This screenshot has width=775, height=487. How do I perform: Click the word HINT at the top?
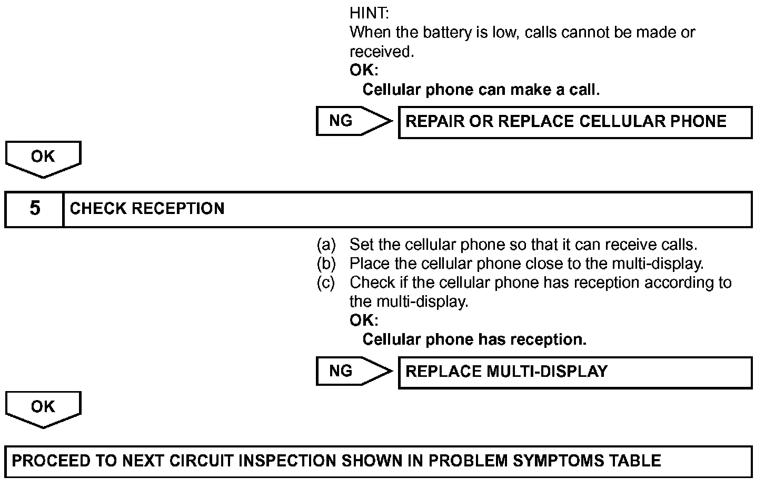click(369, 13)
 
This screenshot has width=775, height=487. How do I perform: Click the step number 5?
click(35, 209)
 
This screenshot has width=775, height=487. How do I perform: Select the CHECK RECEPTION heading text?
click(147, 209)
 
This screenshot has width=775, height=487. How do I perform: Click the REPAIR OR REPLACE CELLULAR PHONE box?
click(575, 122)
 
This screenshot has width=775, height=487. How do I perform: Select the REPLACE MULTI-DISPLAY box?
click(575, 373)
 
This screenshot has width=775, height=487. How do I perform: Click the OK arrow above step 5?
click(43, 158)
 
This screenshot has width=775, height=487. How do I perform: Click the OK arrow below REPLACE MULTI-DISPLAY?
click(43, 408)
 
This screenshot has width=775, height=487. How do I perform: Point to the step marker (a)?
click(326, 245)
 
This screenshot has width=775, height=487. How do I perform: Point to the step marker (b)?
click(326, 263)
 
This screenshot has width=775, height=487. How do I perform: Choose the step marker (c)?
click(326, 283)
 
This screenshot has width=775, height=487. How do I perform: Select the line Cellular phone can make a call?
click(481, 90)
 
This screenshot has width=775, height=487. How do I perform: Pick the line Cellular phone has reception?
click(474, 339)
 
